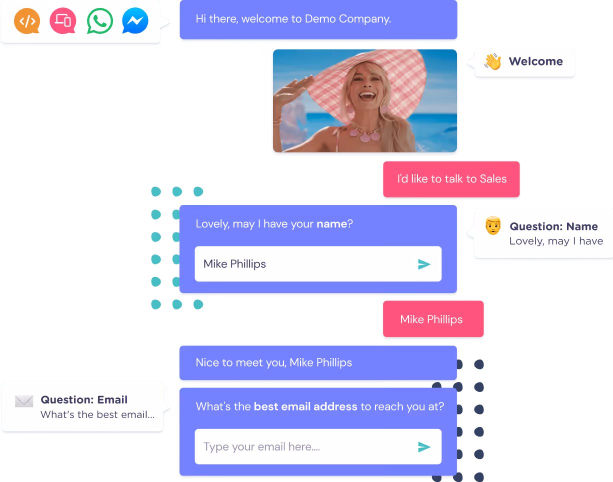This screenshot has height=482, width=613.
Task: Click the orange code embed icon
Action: click(x=27, y=21)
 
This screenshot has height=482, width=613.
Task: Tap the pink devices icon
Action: click(x=63, y=21)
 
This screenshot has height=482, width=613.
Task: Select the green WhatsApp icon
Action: click(x=99, y=21)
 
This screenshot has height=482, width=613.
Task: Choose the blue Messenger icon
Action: click(x=135, y=21)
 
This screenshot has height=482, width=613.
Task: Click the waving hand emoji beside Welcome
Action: click(x=492, y=62)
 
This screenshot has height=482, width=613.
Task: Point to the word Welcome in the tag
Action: click(x=535, y=61)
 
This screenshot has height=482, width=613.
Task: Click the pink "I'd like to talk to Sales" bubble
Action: click(x=451, y=179)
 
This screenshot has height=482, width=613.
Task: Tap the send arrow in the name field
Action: click(x=424, y=264)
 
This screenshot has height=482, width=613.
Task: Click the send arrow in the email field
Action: click(x=424, y=446)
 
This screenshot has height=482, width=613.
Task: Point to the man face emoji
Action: click(x=493, y=226)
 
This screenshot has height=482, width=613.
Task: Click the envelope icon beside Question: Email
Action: click(x=24, y=401)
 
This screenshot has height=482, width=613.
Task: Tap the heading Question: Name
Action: click(x=553, y=226)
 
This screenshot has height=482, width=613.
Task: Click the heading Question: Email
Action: click(x=84, y=400)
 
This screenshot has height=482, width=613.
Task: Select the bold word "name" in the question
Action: click(x=331, y=224)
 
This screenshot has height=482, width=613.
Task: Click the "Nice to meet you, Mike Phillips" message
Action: click(x=274, y=362)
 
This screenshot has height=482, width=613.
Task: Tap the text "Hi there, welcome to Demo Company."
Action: click(x=293, y=19)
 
